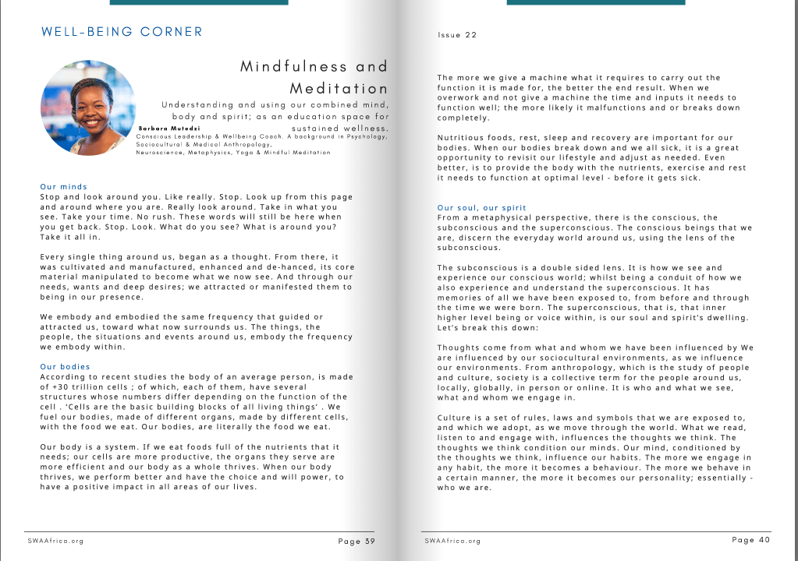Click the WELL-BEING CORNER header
tap(122, 32)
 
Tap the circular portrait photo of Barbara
tap(87, 108)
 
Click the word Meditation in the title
tap(339, 88)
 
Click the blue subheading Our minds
tap(64, 187)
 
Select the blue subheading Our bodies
tap(66, 366)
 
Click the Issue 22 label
tap(457, 35)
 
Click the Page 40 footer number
tap(751, 540)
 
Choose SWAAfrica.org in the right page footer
tap(453, 541)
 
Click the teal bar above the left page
tap(199, 2)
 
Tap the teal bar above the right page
tap(596, 2)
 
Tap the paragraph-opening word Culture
tap(455, 418)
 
